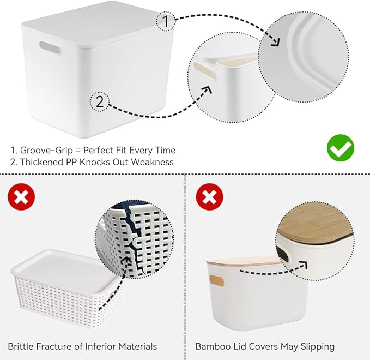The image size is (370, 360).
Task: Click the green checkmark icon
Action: (341, 147)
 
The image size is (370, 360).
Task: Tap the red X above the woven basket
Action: (21, 197)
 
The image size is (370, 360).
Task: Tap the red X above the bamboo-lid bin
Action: (210, 197)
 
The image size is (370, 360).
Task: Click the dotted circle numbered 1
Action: (166, 22)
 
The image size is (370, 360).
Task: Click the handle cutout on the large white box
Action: (49, 49)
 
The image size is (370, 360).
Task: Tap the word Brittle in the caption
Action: (21, 346)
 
